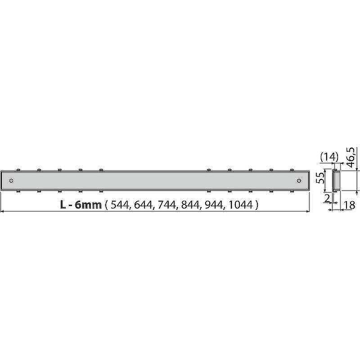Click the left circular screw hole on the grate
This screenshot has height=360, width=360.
click(11, 180)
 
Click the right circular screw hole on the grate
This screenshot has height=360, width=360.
click(299, 180)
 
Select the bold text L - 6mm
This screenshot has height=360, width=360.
click(81, 205)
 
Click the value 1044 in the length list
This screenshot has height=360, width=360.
click(241, 205)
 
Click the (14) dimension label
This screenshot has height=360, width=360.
click(329, 157)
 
